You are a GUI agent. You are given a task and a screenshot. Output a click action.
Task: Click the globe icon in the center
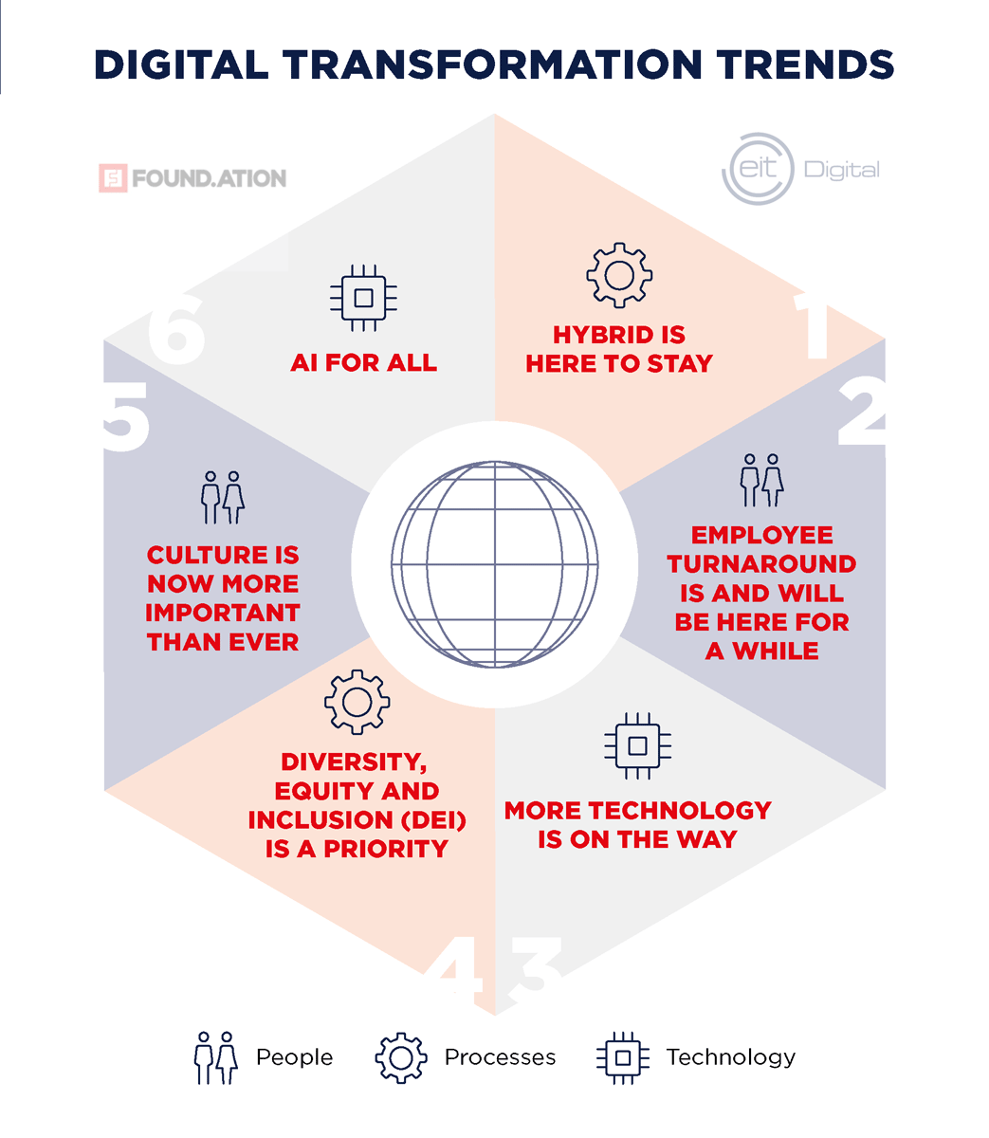494,563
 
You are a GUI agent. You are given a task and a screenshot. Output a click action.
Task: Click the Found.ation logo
192,178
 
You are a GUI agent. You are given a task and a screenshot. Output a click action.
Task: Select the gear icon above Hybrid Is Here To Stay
619,275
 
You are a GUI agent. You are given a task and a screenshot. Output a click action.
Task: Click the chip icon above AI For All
363,298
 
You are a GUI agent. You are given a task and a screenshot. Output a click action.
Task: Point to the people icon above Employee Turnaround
761,480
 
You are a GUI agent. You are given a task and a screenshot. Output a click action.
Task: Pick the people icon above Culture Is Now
223,498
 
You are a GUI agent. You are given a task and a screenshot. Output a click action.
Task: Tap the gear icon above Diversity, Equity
357,702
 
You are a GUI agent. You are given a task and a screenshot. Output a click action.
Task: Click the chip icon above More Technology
638,745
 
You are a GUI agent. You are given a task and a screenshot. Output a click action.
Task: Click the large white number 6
176,327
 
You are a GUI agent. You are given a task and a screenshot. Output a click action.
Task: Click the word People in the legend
294,1057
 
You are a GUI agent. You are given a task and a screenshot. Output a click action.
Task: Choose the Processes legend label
500,1057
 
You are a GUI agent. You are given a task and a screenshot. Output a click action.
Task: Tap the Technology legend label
730,1057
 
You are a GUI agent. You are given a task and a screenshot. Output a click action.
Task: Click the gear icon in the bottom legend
402,1057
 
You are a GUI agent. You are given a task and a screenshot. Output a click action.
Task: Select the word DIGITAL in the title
180,64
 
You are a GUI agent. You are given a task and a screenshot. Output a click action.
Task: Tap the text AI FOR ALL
363,363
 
